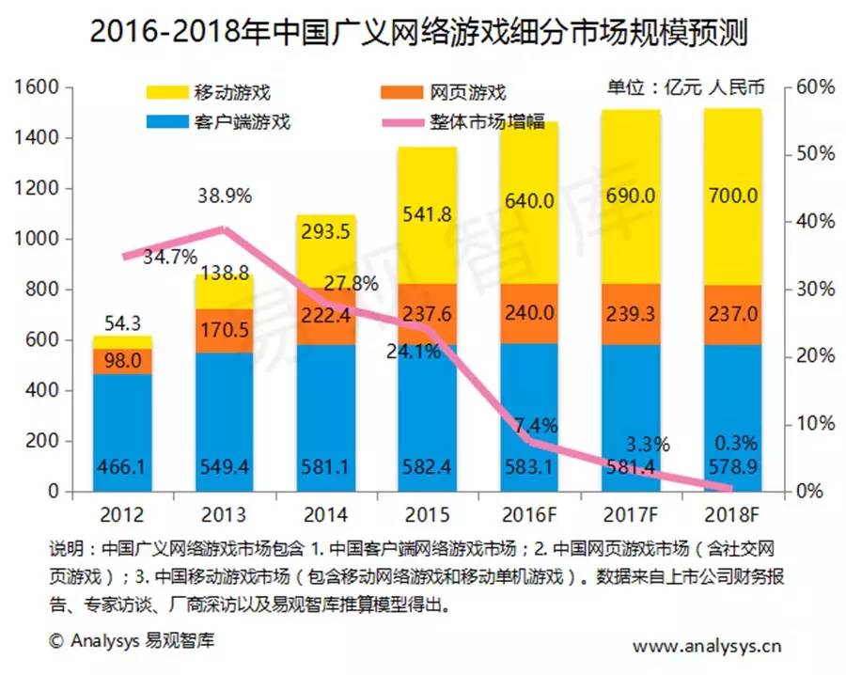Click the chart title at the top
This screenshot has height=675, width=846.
coord(422,32)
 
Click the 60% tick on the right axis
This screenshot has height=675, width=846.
coord(814,87)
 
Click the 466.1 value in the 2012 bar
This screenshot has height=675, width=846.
coord(122,466)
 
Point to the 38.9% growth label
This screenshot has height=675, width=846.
coord(224,197)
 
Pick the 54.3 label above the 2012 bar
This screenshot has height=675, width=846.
coord(122,322)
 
